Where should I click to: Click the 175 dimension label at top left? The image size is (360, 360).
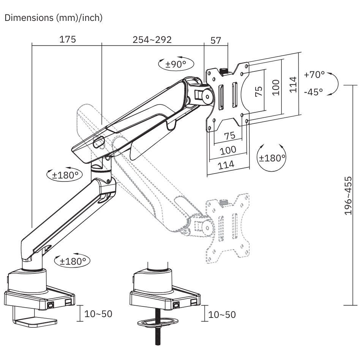(x=68, y=39)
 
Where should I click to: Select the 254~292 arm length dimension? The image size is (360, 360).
(x=152, y=39)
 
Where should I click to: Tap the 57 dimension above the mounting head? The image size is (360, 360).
(x=216, y=41)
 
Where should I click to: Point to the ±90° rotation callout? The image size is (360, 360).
(x=175, y=64)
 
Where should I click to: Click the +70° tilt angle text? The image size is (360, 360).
(x=314, y=74)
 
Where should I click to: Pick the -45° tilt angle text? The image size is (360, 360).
(x=313, y=92)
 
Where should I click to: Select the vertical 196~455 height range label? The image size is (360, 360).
(x=350, y=196)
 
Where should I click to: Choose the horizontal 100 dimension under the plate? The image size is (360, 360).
(x=228, y=150)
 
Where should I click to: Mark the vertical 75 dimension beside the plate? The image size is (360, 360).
(x=259, y=91)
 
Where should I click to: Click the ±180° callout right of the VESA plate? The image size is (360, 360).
(x=272, y=158)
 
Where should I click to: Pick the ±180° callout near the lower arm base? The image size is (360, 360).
(x=73, y=261)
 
